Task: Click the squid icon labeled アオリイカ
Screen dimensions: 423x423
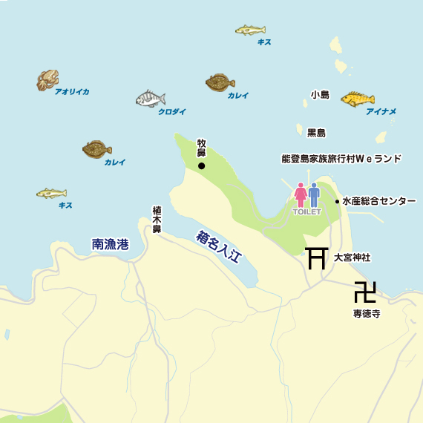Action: click(47, 80)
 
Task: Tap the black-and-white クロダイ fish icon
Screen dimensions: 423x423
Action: click(151, 99)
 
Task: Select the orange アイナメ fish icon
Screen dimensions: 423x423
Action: click(358, 99)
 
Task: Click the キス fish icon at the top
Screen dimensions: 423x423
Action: click(250, 30)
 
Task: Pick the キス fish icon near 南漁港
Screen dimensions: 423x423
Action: click(52, 194)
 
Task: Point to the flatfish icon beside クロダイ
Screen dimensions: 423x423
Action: click(220, 82)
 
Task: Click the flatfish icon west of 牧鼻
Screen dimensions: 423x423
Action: click(97, 149)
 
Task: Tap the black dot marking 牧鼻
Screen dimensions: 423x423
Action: click(202, 166)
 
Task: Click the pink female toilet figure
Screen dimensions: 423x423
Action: click(301, 194)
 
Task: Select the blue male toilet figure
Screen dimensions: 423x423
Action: click(314, 194)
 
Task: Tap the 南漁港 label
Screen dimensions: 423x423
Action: click(110, 244)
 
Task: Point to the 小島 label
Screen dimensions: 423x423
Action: click(320, 94)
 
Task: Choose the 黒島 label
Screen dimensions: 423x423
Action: click(316, 133)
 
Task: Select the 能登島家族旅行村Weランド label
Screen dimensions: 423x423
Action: click(341, 159)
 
